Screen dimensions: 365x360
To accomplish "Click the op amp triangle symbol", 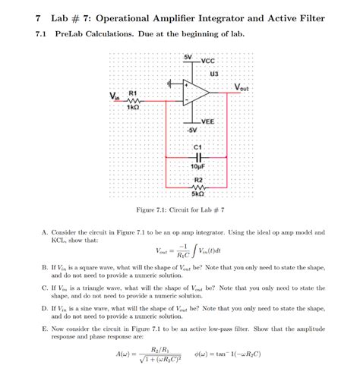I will pos(197,95).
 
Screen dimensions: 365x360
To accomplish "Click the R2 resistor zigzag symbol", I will pos(197,187).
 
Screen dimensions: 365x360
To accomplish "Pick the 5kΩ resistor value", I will pos(197,195).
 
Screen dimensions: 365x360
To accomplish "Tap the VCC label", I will pos(208,60).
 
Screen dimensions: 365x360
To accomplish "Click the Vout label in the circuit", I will pos(247,87).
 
